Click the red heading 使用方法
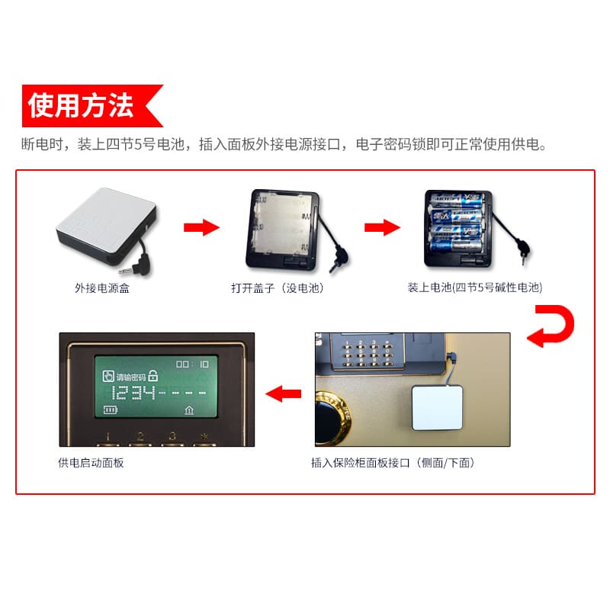[81, 106]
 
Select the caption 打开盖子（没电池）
[280, 287]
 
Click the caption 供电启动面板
[91, 462]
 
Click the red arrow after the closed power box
[201, 227]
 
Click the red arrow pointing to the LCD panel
[282, 393]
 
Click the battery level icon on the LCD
[111, 409]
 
